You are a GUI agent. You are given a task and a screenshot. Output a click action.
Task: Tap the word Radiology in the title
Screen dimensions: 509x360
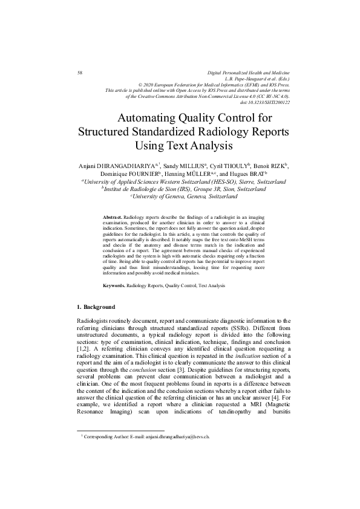pyautogui.click(x=231, y=132)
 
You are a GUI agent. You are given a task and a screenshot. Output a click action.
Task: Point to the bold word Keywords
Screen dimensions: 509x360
pyautogui.click(x=114, y=284)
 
